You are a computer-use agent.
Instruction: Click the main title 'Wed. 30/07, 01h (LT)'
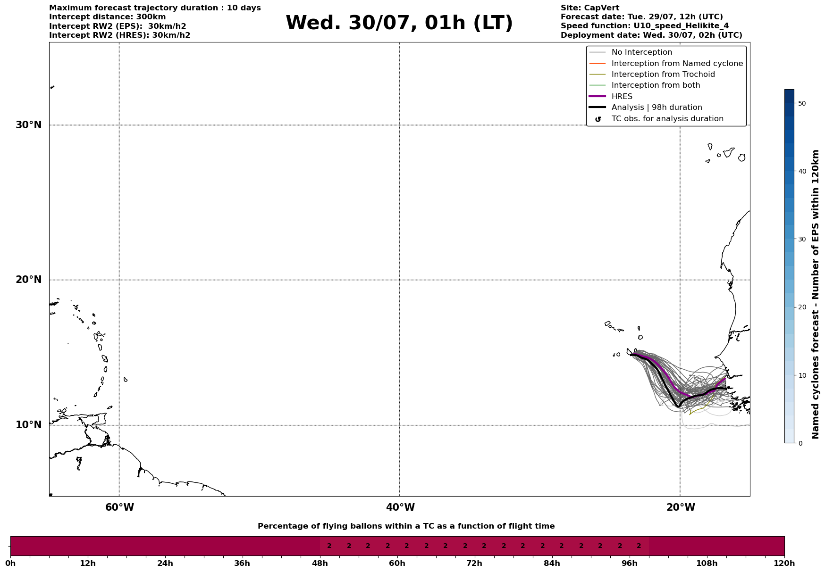coord(399,23)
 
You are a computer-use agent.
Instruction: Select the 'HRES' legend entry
coord(622,97)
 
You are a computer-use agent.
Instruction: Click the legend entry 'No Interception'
coord(641,52)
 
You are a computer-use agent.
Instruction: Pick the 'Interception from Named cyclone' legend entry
coord(677,64)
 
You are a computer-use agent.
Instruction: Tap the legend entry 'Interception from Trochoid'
coord(663,75)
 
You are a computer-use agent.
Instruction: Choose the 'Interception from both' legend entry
coord(656,85)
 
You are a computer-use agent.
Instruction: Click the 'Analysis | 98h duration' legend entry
coord(657,108)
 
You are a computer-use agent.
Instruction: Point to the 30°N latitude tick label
coord(29,125)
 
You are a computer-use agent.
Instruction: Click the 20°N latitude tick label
coord(29,280)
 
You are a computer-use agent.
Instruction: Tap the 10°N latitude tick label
coord(29,425)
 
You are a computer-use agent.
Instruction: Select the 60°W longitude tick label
coord(119,507)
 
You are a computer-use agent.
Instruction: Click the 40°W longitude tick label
coord(400,507)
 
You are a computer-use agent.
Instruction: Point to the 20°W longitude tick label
coord(681,507)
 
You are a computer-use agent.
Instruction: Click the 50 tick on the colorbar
coord(801,103)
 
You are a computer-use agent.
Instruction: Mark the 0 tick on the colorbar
coord(800,443)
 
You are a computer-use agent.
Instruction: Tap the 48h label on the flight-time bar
coord(320,564)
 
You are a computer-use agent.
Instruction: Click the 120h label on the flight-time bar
coord(784,564)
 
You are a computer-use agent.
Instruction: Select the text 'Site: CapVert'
coord(589,8)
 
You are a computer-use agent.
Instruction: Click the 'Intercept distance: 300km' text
coord(107,17)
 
